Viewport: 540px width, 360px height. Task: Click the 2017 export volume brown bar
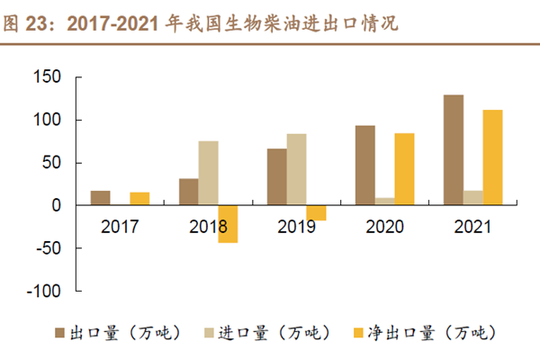pyautogui.click(x=101, y=198)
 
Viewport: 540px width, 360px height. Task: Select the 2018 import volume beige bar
pyautogui.click(x=208, y=173)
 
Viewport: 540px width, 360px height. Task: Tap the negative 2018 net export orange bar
pyautogui.click(x=228, y=224)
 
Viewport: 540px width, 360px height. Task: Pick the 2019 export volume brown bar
pyautogui.click(x=277, y=177)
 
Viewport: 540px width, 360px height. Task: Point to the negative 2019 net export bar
pyautogui.click(x=316, y=213)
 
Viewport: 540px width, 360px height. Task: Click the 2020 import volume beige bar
pyautogui.click(x=384, y=202)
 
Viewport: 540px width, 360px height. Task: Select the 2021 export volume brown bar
pyautogui.click(x=454, y=150)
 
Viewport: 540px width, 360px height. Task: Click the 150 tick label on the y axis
pyautogui.click(x=47, y=77)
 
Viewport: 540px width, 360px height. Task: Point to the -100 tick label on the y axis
pyautogui.click(x=44, y=292)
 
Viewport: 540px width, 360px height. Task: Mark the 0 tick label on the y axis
pyautogui.click(x=56, y=206)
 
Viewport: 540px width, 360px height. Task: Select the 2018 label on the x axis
pyautogui.click(x=209, y=228)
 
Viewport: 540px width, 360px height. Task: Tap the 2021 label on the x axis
pyautogui.click(x=473, y=228)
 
